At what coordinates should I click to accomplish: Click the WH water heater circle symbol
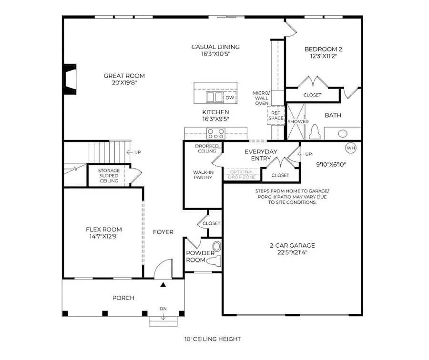pyautogui.click(x=351, y=148)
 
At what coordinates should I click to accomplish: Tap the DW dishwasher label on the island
pyautogui.click(x=230, y=98)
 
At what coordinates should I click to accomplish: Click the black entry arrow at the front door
pyautogui.click(x=163, y=285)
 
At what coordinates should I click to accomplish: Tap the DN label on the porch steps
pyautogui.click(x=163, y=309)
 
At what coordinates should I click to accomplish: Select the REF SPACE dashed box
pyautogui.click(x=276, y=115)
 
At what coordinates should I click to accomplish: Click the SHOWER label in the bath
pyautogui.click(x=298, y=122)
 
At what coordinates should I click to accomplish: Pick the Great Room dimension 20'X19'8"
pyautogui.click(x=124, y=83)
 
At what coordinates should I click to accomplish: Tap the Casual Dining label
pyautogui.click(x=215, y=47)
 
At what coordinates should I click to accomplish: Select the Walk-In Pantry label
pyautogui.click(x=203, y=175)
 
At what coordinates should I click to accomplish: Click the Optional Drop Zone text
pyautogui.click(x=242, y=174)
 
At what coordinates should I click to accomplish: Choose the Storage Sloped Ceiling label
pyautogui.click(x=109, y=176)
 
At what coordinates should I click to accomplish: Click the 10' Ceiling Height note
pyautogui.click(x=213, y=339)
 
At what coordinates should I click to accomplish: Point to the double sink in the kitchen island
pyautogui.click(x=214, y=97)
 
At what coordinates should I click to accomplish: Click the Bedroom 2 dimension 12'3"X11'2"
pyautogui.click(x=324, y=56)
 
